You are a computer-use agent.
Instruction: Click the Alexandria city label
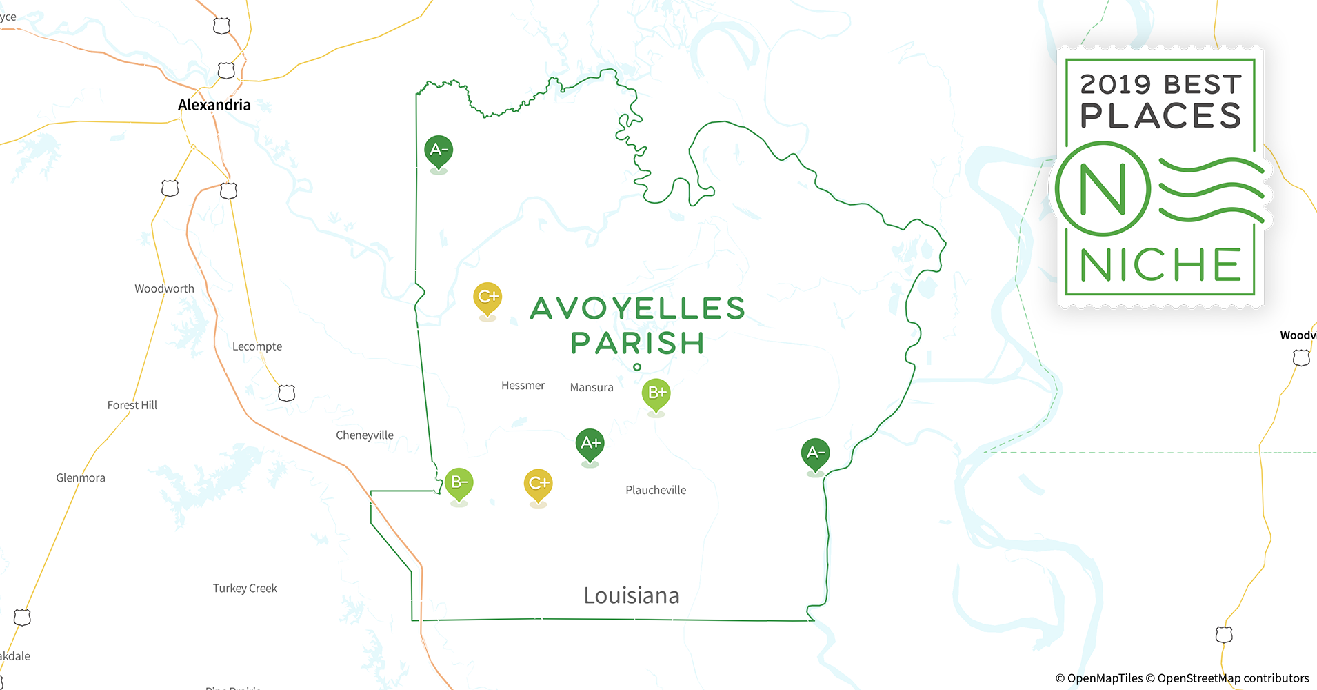tap(214, 105)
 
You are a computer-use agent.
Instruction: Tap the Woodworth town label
tap(164, 288)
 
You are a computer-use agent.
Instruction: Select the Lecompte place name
tap(257, 346)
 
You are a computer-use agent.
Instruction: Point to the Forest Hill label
tap(132, 405)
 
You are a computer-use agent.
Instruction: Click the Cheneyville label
tap(364, 435)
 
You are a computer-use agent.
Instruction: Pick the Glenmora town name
tap(81, 477)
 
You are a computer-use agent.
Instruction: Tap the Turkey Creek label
tap(245, 588)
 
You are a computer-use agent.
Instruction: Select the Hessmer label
tap(523, 386)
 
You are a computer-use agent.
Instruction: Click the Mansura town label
tap(591, 388)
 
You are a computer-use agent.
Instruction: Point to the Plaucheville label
tap(655, 490)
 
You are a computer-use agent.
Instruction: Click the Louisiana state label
tap(631, 595)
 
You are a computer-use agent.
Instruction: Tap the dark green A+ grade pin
tap(590, 444)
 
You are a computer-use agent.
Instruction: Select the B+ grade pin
tap(656, 393)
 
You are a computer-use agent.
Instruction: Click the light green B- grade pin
tap(459, 483)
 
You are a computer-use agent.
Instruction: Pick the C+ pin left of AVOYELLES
tap(487, 297)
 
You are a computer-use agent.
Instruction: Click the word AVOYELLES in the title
tap(638, 308)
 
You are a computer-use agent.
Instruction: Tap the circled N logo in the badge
tap(1103, 188)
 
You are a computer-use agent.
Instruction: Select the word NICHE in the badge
tap(1160, 265)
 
